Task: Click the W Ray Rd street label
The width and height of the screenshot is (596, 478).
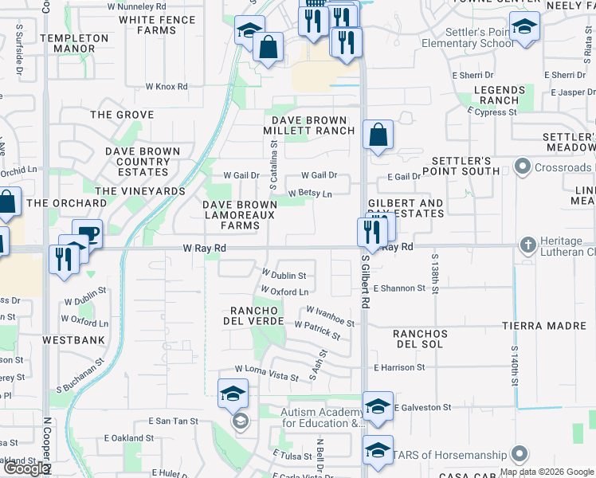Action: tap(205, 249)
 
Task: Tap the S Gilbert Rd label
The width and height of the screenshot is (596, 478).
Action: tap(366, 281)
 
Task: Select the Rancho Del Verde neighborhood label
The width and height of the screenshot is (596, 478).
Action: tap(257, 315)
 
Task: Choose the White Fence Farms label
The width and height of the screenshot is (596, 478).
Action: tap(157, 25)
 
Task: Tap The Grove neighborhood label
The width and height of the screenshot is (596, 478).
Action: tap(122, 115)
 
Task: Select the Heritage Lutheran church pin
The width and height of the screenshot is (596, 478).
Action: tap(527, 244)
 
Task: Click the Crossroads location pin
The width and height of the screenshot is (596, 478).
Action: tap(523, 167)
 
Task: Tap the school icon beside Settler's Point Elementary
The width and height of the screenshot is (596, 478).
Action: tap(523, 27)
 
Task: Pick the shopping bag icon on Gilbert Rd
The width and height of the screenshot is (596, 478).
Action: tap(378, 135)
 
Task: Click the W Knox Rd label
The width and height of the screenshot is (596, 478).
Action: tap(166, 86)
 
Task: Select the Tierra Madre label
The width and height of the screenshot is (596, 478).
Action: tap(544, 325)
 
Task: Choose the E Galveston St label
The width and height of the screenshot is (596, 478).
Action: tap(422, 407)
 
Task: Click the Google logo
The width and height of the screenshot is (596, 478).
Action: tap(26, 468)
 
